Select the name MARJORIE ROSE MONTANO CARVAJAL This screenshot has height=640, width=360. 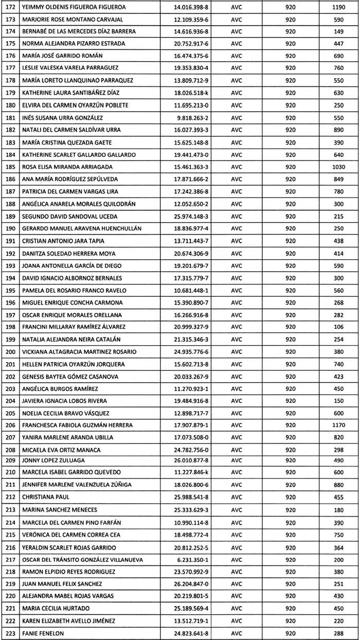pyautogui.click(x=73, y=20)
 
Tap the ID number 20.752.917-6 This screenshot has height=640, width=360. pyautogui.click(x=191, y=44)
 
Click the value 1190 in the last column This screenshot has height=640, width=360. pyautogui.click(x=338, y=7)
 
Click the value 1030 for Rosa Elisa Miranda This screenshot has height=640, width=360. pyautogui.click(x=338, y=167)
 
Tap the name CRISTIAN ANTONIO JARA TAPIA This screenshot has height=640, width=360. pyautogui.click(x=64, y=241)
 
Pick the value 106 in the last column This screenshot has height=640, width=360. pyautogui.click(x=338, y=327)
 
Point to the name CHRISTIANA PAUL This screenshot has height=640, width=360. pyautogui.click(x=46, y=497)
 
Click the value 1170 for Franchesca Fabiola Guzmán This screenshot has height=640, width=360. pyautogui.click(x=338, y=425)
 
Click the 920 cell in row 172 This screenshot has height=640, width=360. pyautogui.click(x=290, y=7)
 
